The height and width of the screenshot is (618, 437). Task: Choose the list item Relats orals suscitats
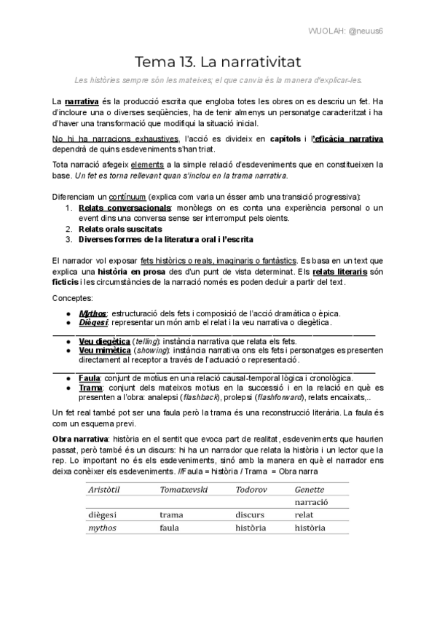120,228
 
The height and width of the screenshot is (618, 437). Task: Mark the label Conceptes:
73,298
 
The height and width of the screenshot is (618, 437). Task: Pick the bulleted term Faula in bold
90,378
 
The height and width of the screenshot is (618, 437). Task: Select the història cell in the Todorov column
251,528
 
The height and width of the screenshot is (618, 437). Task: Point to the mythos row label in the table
102,528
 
